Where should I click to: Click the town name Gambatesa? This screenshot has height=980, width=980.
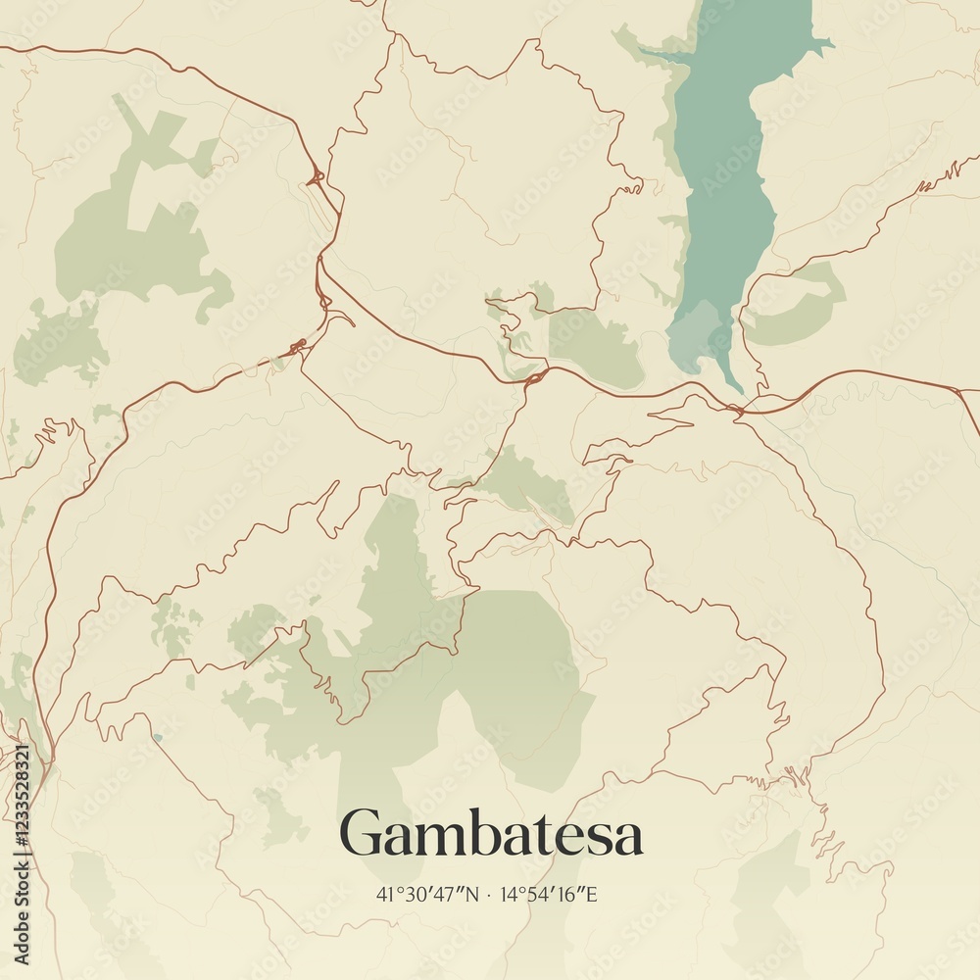(x=491, y=834)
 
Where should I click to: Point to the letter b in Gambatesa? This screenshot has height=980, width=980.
(x=483, y=832)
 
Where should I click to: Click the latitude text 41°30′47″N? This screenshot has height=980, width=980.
(x=427, y=895)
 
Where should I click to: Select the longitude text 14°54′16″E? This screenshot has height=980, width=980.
(x=548, y=895)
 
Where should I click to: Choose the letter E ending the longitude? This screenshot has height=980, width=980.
(x=591, y=895)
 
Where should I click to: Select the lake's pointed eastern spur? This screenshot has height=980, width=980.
(x=823, y=43)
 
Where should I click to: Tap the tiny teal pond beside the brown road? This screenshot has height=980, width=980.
(x=157, y=738)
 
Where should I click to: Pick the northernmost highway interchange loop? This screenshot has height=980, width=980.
(x=316, y=178)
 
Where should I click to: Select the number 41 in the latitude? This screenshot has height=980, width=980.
(x=382, y=895)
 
